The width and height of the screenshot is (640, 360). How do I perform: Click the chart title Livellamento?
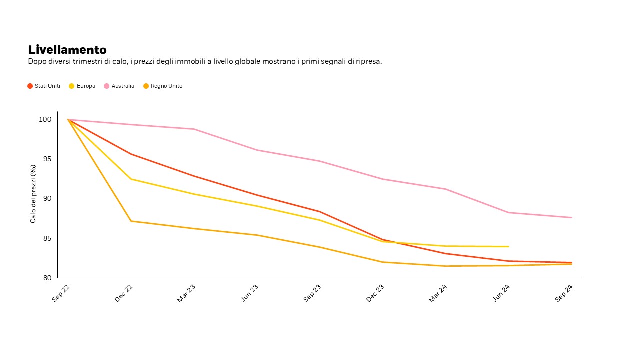pos(67,50)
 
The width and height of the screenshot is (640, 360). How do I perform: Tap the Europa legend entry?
pos(82,86)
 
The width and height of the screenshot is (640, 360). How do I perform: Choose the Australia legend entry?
pos(119,86)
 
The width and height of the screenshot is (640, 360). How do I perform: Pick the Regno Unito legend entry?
pos(163,86)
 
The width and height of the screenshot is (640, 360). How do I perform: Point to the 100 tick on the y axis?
pos(45,120)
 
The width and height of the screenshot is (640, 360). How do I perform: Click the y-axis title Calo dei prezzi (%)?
pos(33,194)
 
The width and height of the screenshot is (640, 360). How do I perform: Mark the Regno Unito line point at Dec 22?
pos(131,221)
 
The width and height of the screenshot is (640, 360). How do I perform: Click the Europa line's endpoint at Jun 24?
pos(508,246)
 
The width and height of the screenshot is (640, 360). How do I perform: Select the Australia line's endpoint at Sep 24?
pos(571,217)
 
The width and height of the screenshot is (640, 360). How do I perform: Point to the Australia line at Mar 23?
pos(194,129)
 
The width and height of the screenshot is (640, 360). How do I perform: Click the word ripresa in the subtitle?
pos(369,61)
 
